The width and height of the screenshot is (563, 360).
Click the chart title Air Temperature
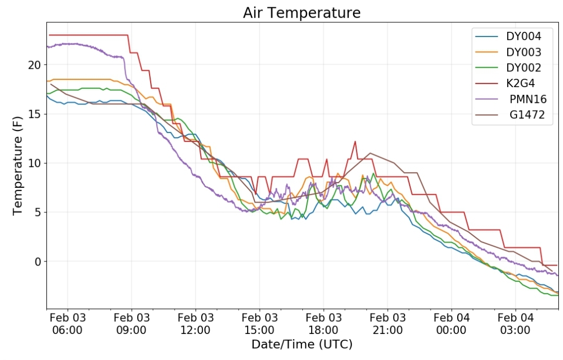pos(302,13)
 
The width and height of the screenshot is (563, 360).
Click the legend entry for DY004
pos(523,37)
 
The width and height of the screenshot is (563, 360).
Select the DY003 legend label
pos(523,52)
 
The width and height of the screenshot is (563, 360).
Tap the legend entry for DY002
pos(523,67)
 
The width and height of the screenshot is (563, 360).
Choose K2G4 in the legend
pos(520,83)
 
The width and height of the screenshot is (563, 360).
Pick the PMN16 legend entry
pos(528,99)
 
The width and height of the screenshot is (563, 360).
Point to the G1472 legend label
pos(527,115)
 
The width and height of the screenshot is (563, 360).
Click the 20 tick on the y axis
pos(35,65)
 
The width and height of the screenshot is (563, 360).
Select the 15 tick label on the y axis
pos(35,114)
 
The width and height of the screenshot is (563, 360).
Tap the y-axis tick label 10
pos(35,163)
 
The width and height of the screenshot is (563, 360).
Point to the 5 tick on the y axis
pos(38,213)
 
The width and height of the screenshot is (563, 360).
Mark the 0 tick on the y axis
pos(38,262)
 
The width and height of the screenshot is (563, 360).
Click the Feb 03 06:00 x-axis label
pos(67,323)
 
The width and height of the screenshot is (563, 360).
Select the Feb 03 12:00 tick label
pos(195,323)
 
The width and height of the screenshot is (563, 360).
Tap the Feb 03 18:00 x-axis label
pos(324,323)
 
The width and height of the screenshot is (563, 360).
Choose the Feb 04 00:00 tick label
pos(451,323)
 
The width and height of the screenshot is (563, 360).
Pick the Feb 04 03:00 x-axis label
pos(515,323)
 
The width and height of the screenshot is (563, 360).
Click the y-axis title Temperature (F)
pos(18,165)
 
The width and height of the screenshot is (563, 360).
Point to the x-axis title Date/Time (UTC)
pos(302,344)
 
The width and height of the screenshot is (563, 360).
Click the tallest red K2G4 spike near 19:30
pos(355,141)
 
